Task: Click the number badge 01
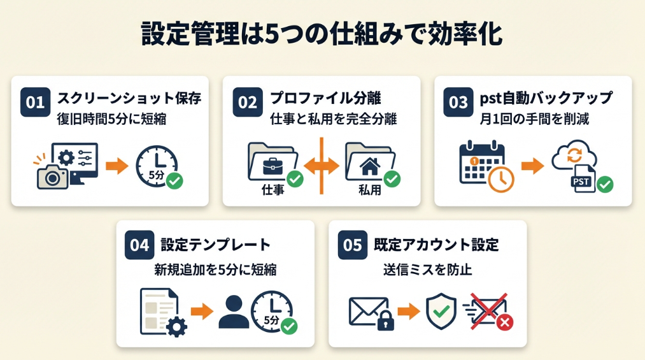tap(36, 103)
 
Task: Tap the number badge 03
tap(458, 103)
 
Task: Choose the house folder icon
tap(369, 164)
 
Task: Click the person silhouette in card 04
tap(233, 312)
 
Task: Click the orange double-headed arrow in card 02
tap(322, 166)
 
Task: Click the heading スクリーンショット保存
tap(129, 98)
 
